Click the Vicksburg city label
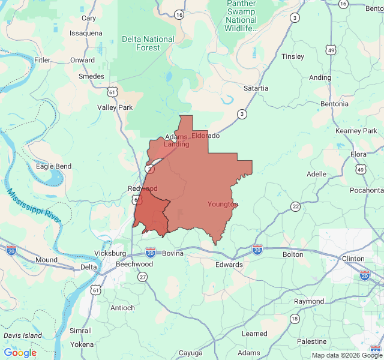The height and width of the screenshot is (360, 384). [x=110, y=254]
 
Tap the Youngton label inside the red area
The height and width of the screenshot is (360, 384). [x=223, y=205]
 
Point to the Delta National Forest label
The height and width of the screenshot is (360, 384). [x=148, y=43]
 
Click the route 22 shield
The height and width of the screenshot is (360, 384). [x=295, y=206]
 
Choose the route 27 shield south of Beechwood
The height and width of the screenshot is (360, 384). [x=142, y=277]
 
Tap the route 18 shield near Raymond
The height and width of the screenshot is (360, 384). [x=294, y=318]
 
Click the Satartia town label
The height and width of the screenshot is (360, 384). [x=256, y=88]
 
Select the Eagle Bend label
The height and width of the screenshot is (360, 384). [x=53, y=166]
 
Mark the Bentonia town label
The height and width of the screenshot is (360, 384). [x=334, y=104]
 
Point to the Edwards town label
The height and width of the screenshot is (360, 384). [x=229, y=265]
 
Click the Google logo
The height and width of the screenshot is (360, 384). [x=20, y=353]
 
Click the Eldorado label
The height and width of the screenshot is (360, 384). [x=206, y=136]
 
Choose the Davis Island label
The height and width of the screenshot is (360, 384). [x=23, y=335]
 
